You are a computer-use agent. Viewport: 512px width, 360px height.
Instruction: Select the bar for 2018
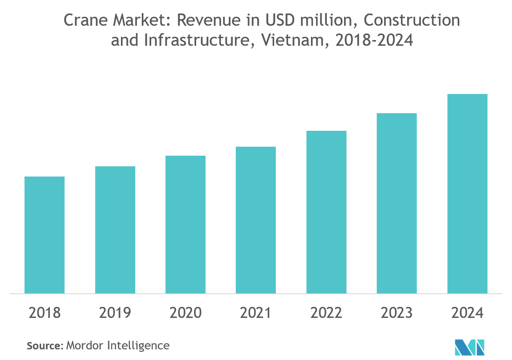(x=45, y=235)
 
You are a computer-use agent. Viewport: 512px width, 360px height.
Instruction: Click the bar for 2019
(x=115, y=230)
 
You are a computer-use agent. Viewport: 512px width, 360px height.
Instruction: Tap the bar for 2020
(x=186, y=224)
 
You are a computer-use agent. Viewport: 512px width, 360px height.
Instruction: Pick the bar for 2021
(x=256, y=220)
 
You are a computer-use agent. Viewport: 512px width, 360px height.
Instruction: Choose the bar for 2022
(x=326, y=212)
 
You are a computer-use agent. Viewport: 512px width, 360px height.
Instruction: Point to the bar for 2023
(x=397, y=203)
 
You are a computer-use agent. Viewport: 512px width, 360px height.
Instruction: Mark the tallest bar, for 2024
(x=467, y=194)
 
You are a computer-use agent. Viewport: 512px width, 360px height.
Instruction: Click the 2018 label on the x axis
(x=45, y=313)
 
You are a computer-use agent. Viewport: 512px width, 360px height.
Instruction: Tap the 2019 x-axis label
(x=115, y=313)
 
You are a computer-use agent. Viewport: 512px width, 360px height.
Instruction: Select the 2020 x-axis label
(x=186, y=313)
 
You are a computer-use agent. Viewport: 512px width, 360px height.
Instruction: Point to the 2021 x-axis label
(x=256, y=313)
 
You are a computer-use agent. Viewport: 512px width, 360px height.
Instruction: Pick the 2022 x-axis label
(x=326, y=313)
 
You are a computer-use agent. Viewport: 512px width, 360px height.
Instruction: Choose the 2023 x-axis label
(x=397, y=313)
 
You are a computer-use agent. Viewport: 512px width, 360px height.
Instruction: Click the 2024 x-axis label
(x=467, y=313)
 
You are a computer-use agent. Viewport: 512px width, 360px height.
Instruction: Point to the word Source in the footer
(x=44, y=346)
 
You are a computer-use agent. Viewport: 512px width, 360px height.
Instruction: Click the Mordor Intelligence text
(x=118, y=346)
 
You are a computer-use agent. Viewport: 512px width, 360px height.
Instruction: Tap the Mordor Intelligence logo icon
(x=470, y=347)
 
